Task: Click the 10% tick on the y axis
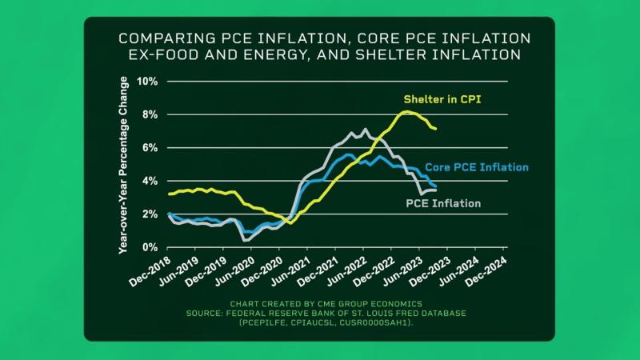coord(148,82)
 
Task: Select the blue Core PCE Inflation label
coord(476,167)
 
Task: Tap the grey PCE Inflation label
coord(442,204)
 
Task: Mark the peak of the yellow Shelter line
coord(407,112)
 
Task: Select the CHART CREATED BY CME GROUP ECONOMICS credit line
coord(320,305)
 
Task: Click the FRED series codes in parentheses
coord(320,323)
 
